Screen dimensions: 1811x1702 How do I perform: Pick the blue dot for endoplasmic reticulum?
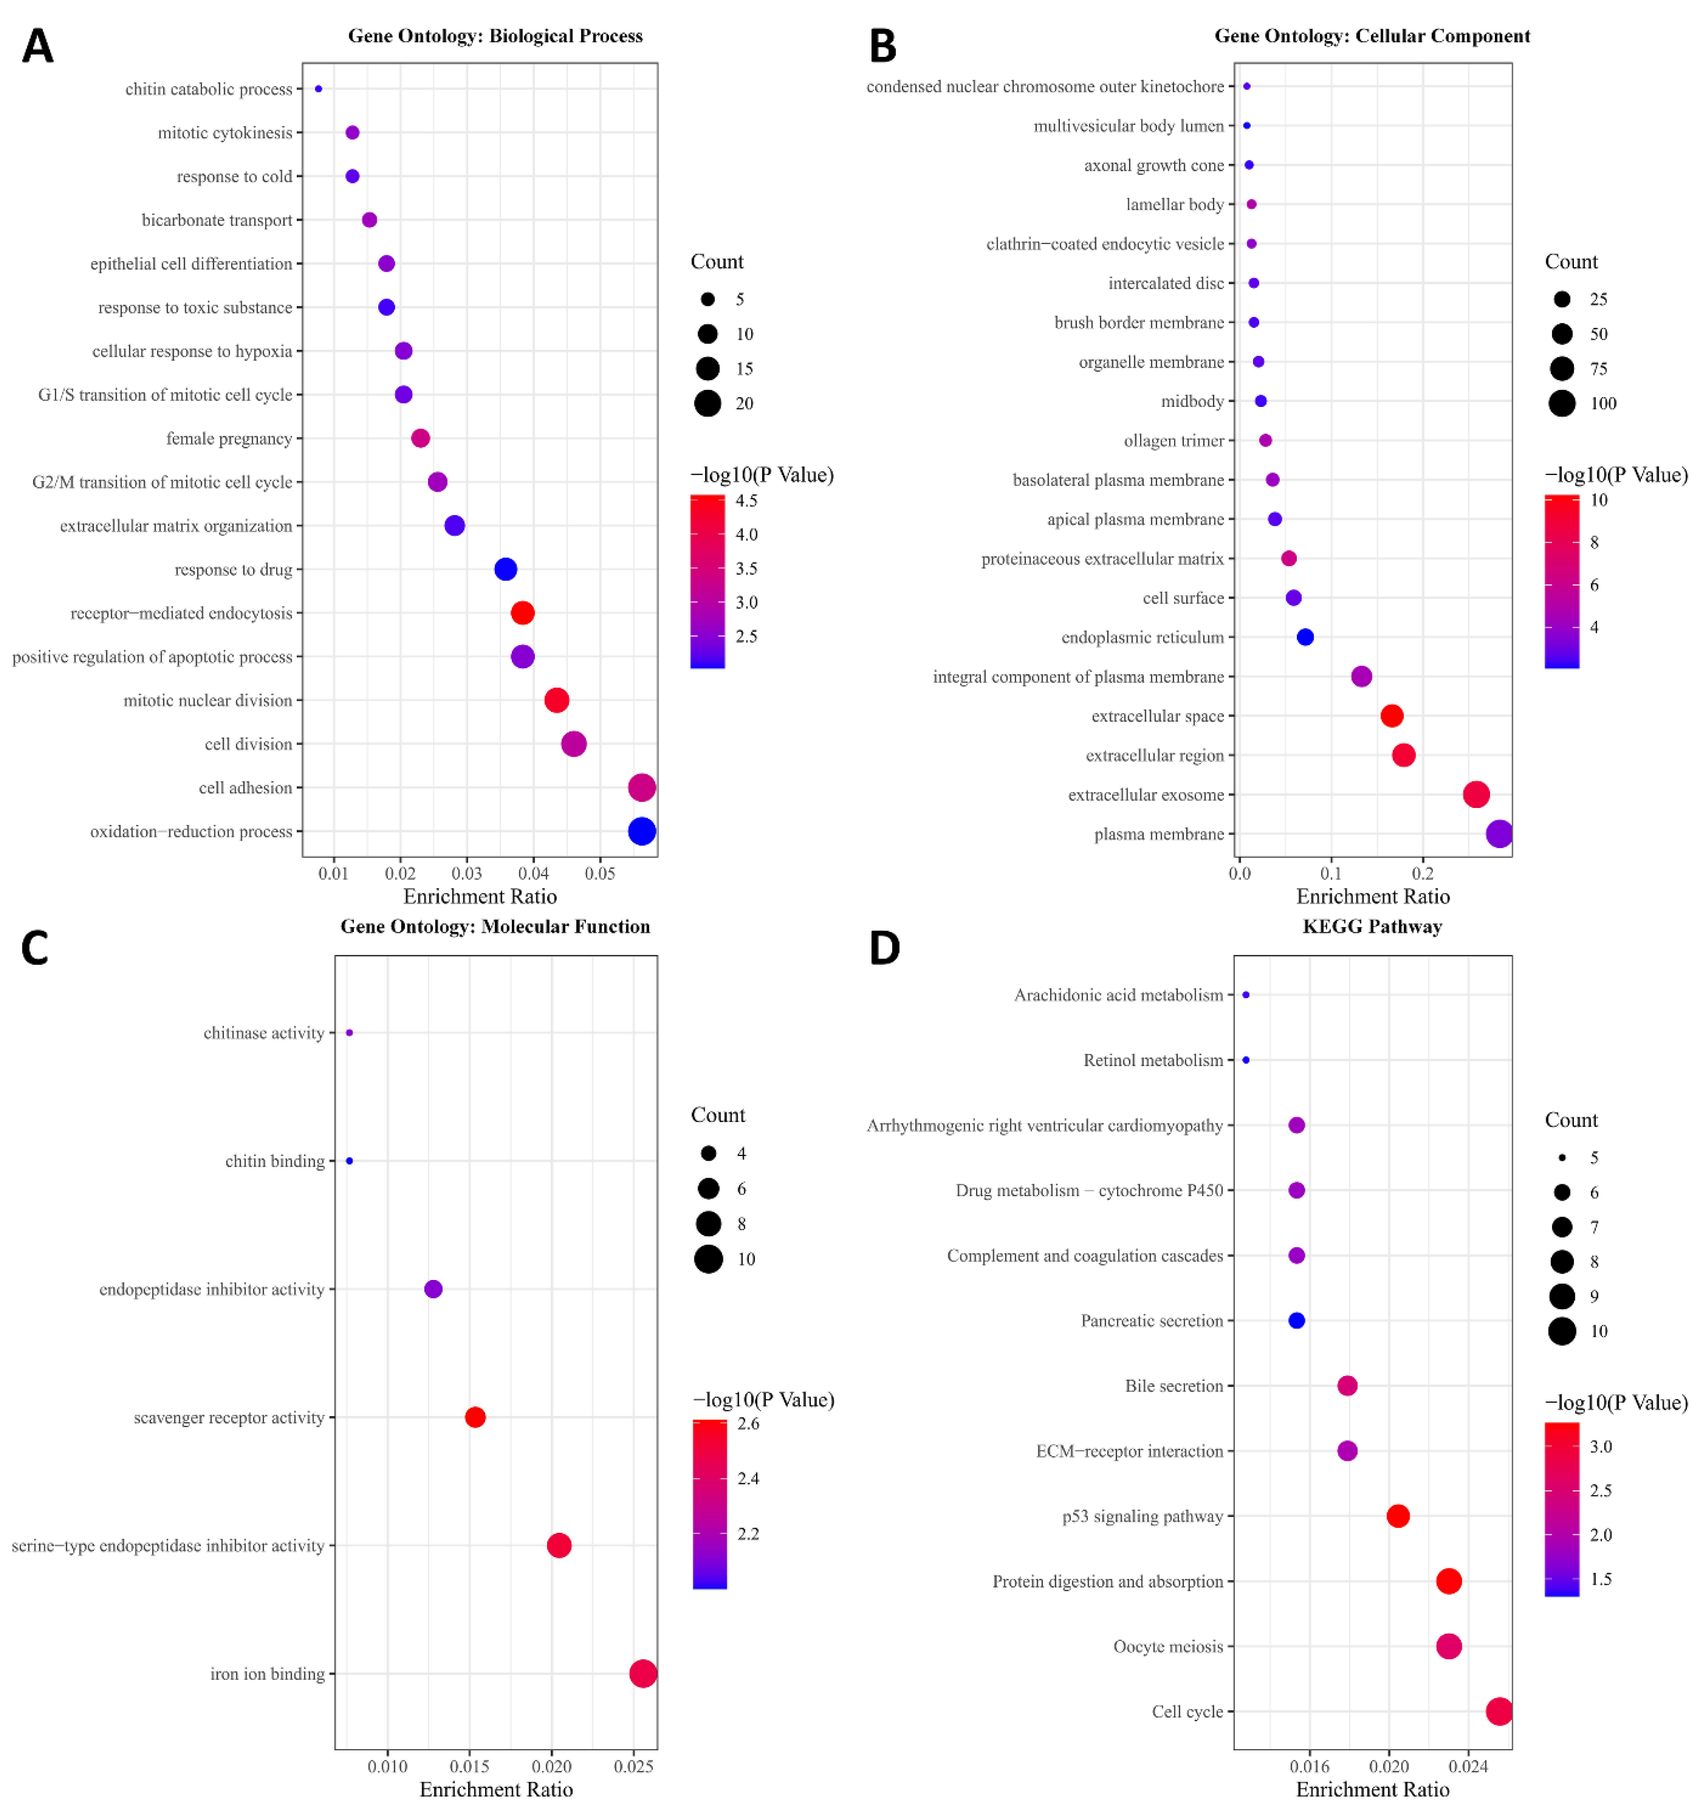coord(1305,637)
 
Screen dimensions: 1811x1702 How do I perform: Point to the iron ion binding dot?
coord(642,1674)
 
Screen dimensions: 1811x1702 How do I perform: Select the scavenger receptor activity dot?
coord(475,1417)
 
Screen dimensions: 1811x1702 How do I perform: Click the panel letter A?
coord(37,46)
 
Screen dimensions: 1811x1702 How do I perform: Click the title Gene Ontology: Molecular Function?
coord(495,926)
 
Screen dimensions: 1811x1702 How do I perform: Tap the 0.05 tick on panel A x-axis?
coord(599,874)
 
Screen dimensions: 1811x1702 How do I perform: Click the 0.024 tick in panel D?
coord(1468,1766)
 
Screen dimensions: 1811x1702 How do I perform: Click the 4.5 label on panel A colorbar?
coord(746,500)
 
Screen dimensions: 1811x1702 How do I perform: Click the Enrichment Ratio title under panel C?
coord(496,1789)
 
